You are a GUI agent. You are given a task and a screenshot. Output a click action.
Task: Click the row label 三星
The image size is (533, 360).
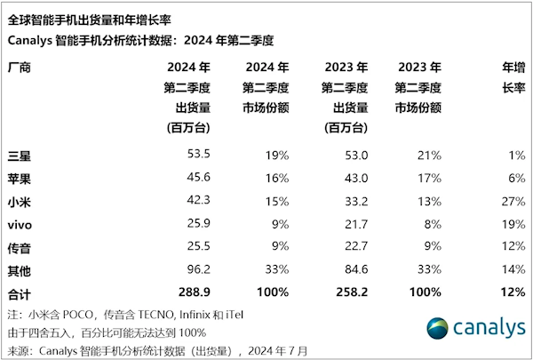(17, 156)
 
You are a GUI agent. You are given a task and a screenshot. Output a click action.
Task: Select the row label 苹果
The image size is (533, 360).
(17, 177)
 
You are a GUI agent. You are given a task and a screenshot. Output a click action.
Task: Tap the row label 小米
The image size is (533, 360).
(17, 199)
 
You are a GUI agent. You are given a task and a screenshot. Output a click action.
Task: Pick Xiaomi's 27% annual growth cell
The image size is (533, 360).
(509, 199)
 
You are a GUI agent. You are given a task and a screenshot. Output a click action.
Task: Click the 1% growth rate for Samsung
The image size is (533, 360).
(513, 155)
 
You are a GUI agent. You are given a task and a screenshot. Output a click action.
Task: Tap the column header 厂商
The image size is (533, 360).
(17, 67)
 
